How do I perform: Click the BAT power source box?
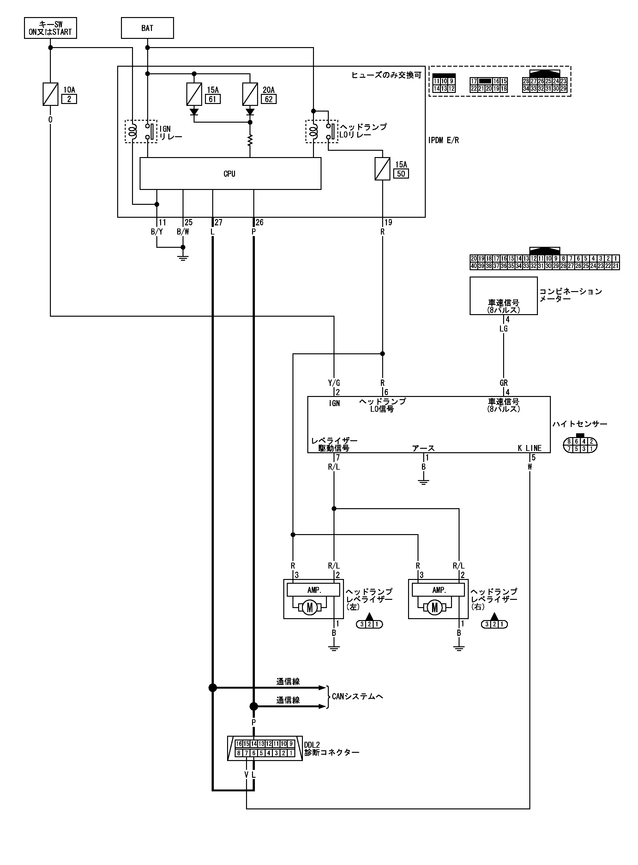pos(147,28)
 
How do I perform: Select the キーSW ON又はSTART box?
pos(50,28)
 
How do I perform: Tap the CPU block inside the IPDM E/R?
pos(230,174)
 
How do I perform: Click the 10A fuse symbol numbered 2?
pos(50,94)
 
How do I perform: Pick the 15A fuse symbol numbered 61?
pos(194,94)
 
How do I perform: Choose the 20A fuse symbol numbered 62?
pos(250,94)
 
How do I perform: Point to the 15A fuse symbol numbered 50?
pos(382,169)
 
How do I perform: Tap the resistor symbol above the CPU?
pos(250,140)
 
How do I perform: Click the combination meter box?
pos(503,295)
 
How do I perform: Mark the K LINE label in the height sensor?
pos(529,448)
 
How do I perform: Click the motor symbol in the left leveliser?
pos(309,608)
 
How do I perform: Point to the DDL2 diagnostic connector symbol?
pos(265,748)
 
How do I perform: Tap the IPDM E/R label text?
pos(443,140)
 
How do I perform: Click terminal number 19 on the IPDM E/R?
pos(388,222)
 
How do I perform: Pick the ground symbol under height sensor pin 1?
pos(423,481)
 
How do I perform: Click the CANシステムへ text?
pos(357,696)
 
